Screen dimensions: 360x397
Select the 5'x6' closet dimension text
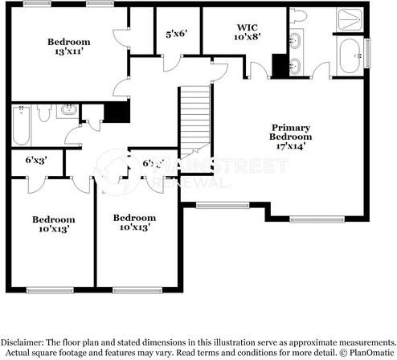[x=175, y=34]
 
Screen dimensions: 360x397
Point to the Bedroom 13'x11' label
[x=68, y=47]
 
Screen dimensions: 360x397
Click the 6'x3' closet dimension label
[x=35, y=160]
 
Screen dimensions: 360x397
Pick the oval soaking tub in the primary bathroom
[x=350, y=56]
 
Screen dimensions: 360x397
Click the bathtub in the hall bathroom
[x=20, y=126]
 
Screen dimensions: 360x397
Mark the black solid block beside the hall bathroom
[x=118, y=112]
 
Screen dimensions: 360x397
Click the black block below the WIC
[x=280, y=66]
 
